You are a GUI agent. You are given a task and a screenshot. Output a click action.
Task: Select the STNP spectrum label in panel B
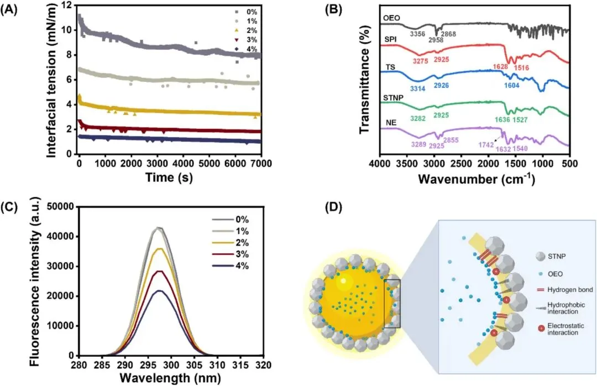pos(392,100)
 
